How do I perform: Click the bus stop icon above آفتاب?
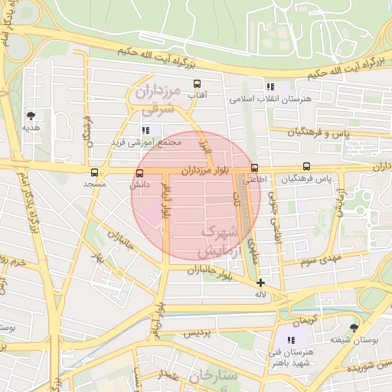197,83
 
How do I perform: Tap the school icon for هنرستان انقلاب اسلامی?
269,86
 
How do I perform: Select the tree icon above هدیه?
31,115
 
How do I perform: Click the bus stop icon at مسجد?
94,172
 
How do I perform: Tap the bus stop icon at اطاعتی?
254,168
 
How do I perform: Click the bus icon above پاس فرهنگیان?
307,166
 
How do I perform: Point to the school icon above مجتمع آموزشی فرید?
146,129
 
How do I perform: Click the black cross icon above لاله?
261,283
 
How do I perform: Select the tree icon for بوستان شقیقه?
354,328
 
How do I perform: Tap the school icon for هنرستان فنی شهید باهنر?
291,339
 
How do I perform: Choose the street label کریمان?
303,316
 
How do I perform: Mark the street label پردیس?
196,335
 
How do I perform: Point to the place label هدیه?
31,127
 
